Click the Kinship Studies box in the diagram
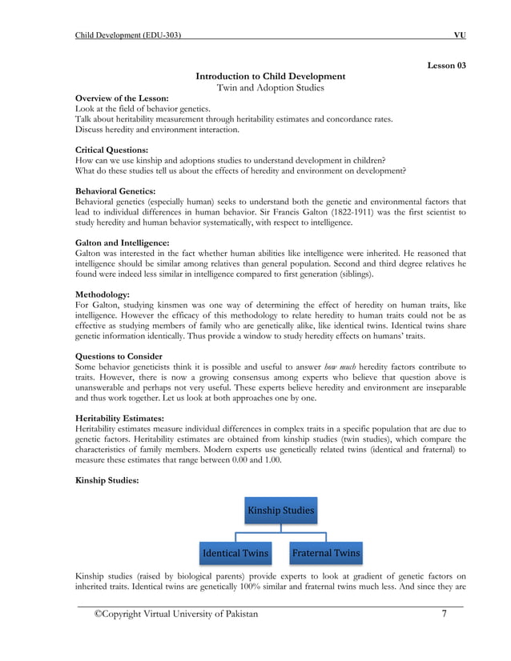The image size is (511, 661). tap(280, 510)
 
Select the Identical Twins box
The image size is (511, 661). tap(235, 553)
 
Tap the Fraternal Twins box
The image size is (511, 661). tap(325, 553)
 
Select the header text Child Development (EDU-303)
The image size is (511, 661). tap(127, 35)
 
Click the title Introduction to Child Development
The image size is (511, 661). tap(271, 76)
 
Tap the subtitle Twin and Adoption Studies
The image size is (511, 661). tap(271, 87)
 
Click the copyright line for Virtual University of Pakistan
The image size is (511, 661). tap(176, 614)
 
